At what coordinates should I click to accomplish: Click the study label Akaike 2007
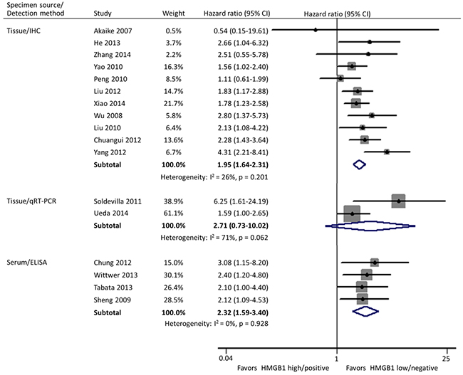click(x=112, y=29)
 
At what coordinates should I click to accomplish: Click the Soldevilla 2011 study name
click(x=119, y=201)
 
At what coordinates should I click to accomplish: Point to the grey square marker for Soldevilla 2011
click(x=399, y=201)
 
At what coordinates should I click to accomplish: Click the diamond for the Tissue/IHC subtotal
click(x=359, y=164)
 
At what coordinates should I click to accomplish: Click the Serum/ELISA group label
click(x=28, y=262)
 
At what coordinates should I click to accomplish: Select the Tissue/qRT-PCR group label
click(x=33, y=201)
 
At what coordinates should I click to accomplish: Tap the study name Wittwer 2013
click(x=115, y=275)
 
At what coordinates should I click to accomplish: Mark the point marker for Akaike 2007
click(x=316, y=29)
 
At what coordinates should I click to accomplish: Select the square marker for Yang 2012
click(x=386, y=152)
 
